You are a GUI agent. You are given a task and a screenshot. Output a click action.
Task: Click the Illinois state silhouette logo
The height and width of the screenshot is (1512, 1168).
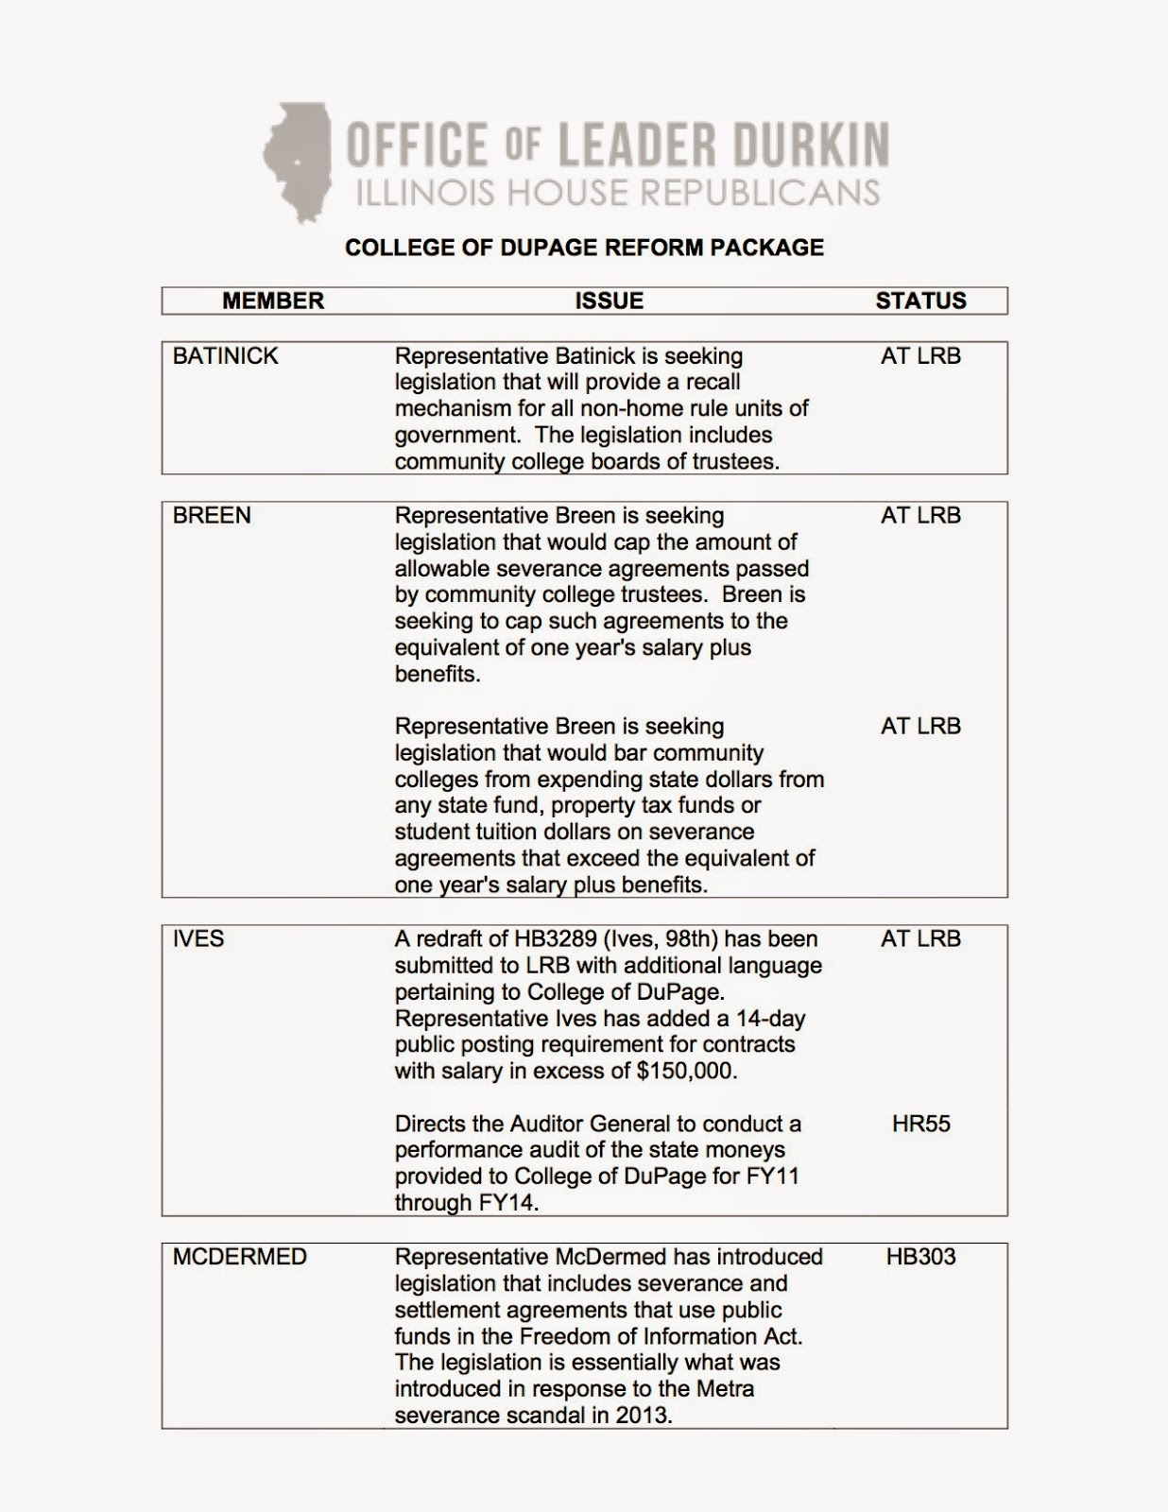[x=297, y=161]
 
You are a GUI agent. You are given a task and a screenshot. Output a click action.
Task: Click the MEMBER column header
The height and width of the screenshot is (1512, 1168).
[x=273, y=301]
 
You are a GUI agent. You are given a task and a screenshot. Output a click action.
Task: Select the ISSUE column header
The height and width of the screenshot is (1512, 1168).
[x=610, y=301]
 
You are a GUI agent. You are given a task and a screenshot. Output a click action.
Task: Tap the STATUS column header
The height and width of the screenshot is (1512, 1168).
[x=920, y=301]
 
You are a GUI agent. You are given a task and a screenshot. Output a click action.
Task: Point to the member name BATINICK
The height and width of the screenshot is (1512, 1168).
[x=226, y=356]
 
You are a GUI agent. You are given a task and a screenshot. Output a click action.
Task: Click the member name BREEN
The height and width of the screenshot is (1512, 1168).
[x=212, y=516]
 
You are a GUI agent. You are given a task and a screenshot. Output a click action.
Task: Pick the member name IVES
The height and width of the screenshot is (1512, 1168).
[x=198, y=939]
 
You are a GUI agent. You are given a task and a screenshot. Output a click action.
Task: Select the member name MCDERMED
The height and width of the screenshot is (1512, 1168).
[x=240, y=1258]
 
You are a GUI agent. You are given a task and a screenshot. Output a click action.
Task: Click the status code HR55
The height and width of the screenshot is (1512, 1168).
[x=920, y=1125]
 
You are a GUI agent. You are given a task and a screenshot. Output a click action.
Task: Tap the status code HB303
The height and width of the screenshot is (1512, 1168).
[x=920, y=1258]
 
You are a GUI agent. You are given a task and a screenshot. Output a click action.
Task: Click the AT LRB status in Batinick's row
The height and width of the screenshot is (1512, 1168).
[x=920, y=356]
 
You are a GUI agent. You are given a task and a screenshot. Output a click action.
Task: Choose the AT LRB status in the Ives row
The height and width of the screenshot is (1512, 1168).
[x=920, y=939]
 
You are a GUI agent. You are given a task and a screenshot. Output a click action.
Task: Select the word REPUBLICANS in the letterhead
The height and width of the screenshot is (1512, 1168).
[x=761, y=193]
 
